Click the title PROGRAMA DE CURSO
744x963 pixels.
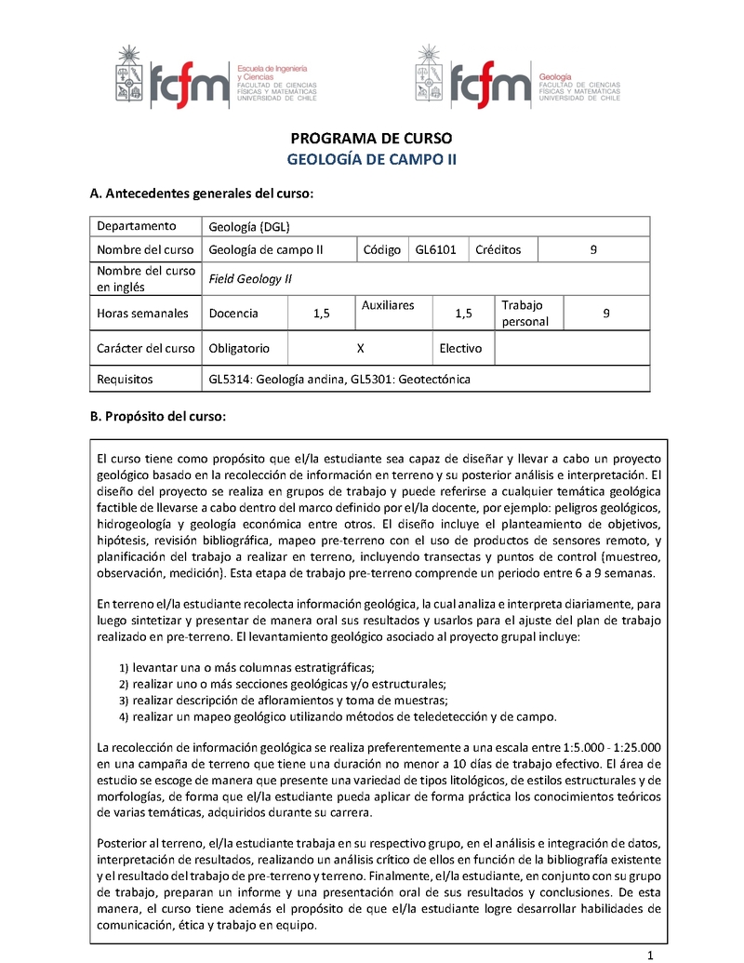tap(372, 139)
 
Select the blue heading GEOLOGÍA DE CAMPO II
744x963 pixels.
tap(372, 159)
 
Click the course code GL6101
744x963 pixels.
tap(435, 249)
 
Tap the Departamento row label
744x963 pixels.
tap(136, 225)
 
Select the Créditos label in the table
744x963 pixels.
tap(498, 249)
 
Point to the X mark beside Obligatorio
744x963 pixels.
tap(360, 348)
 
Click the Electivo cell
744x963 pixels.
tap(460, 348)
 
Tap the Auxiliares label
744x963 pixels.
tap(387, 305)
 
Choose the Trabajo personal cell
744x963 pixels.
tap(525, 314)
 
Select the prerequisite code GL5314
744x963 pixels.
tap(229, 380)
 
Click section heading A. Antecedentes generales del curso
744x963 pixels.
tap(201, 194)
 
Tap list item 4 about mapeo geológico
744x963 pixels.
tap(344, 716)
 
